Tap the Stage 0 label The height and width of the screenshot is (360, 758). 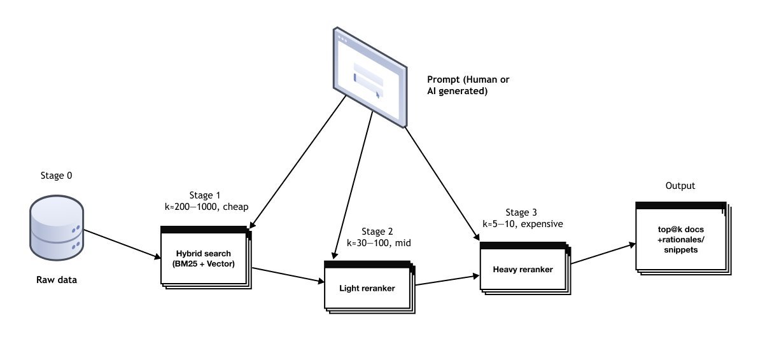tap(55, 176)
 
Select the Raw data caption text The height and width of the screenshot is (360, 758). tap(56, 279)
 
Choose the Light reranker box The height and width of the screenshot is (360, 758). tap(367, 288)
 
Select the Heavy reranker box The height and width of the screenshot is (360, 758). tap(523, 269)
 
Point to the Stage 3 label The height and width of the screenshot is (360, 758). tap(522, 212)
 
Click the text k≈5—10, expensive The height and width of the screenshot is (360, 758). tap(522, 224)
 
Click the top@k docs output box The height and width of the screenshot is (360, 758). tap(680, 240)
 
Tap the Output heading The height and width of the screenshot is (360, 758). tap(680, 186)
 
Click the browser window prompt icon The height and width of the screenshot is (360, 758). tap(370, 76)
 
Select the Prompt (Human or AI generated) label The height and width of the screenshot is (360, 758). tap(468, 85)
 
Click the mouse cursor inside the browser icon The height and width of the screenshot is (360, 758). tap(377, 94)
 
